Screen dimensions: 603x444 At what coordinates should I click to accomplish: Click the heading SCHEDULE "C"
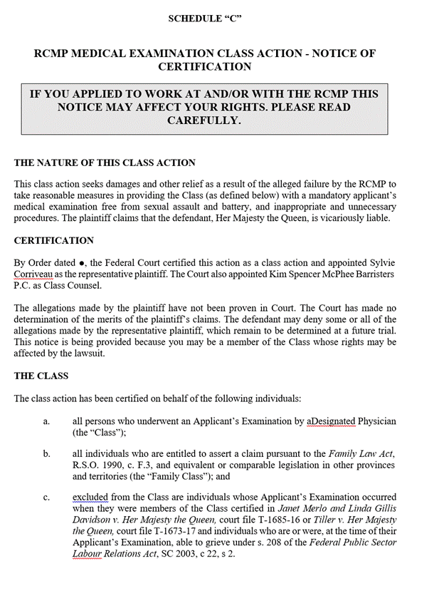point(205,19)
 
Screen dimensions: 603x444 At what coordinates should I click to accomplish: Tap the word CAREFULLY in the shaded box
point(204,120)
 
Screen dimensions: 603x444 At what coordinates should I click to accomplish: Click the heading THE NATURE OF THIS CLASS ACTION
point(105,163)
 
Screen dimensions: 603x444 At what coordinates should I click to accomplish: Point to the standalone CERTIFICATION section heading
point(53,240)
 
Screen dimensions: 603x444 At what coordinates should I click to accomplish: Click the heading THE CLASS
point(41,376)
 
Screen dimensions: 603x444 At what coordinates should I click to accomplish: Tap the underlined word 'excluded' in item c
point(92,497)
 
